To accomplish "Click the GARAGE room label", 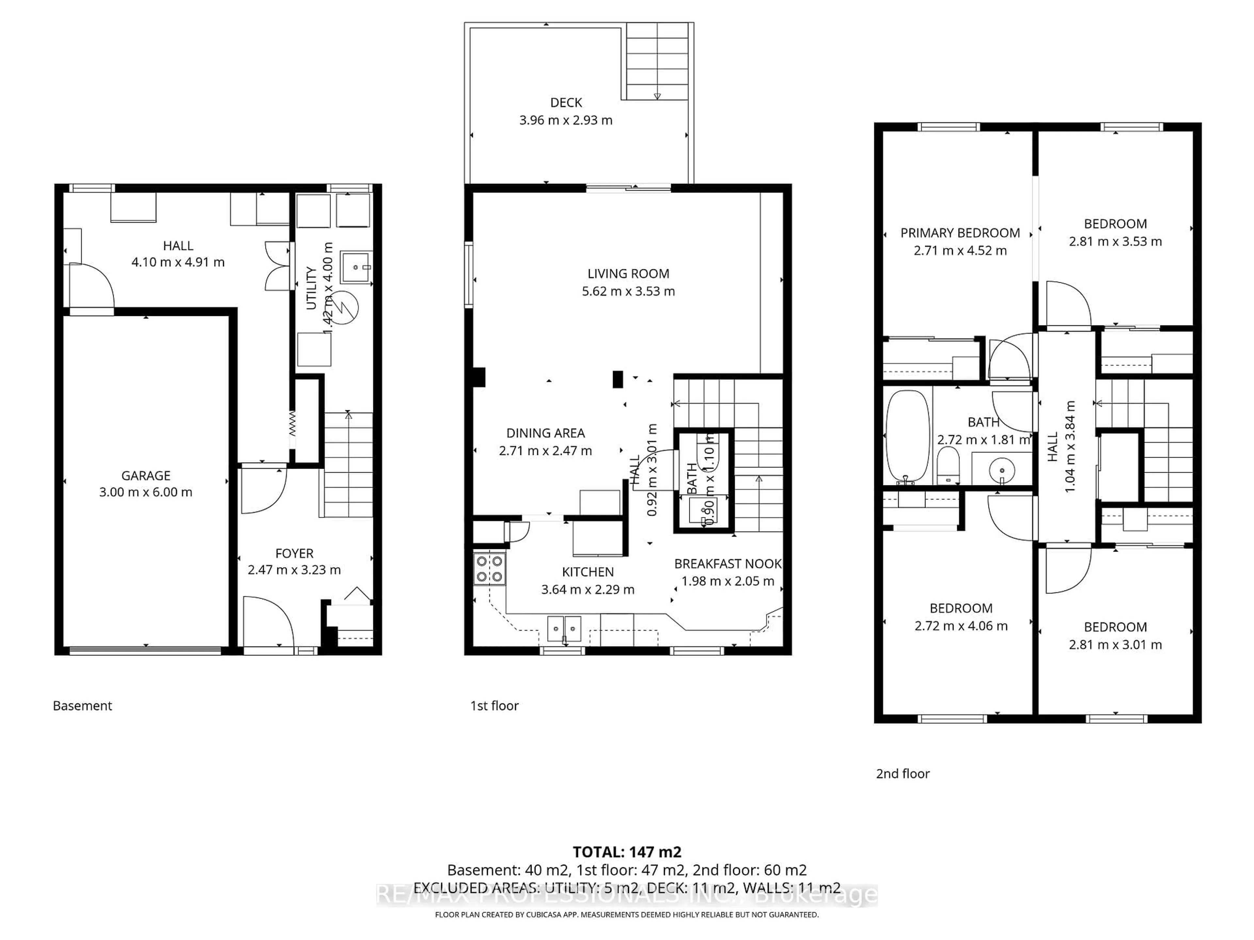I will pos(146,475).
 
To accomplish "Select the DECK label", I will pos(566,102).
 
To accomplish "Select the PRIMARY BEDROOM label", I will pos(960,233).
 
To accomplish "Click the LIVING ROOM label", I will pos(628,274).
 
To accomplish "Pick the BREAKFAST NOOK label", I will pos(727,564).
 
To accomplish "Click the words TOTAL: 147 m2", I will pos(626,852).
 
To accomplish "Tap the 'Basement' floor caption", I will pos(82,705).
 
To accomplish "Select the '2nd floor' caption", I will pos(903,774).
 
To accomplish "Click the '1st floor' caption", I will pos(494,705).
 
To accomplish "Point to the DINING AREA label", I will pos(545,433).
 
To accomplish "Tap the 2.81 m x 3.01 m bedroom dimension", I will pos(1115,644).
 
